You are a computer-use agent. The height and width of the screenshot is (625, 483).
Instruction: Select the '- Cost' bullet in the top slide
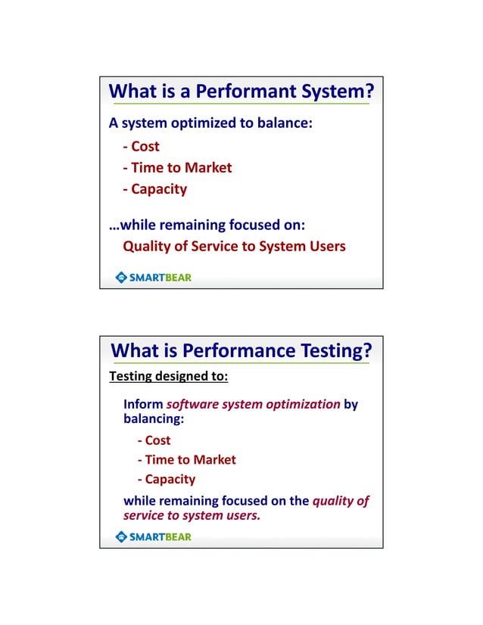coord(142,146)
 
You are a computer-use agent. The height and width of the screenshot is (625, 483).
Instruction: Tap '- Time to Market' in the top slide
coord(177,167)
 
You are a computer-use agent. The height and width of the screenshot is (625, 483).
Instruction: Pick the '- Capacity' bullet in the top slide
coord(154,188)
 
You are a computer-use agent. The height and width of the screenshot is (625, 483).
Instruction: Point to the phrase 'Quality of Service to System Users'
coord(234,246)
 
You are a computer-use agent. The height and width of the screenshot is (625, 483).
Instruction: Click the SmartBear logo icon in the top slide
coord(121,277)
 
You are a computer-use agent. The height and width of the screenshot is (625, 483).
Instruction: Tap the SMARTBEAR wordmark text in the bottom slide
coord(160,536)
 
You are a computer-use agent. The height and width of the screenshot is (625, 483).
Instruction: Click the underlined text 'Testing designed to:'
coord(169,375)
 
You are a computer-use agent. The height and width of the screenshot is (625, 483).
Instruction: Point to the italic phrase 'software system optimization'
coord(253,403)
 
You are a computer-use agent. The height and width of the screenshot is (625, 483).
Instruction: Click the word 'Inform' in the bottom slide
coord(143,403)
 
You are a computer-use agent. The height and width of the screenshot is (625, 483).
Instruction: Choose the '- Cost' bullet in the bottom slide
coord(154,440)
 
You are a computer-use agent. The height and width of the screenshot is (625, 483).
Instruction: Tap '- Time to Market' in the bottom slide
coord(186,459)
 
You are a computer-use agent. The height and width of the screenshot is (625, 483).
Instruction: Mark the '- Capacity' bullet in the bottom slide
coord(166,479)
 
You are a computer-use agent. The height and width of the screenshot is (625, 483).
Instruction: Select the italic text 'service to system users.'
coord(192,515)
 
